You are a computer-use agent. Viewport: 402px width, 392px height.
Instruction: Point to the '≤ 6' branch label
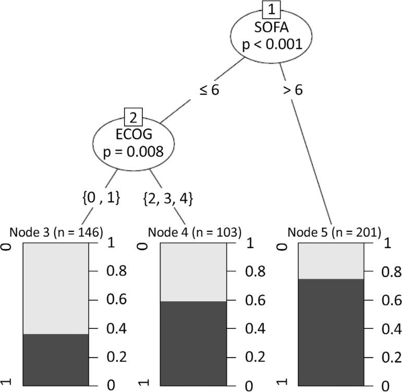208,89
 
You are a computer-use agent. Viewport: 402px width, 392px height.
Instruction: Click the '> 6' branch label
293,89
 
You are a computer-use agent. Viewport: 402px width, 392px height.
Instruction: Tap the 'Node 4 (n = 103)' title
194,232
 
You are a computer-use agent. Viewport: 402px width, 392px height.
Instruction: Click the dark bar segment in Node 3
56,359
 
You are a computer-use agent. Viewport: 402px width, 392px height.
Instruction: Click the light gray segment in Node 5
331,261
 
